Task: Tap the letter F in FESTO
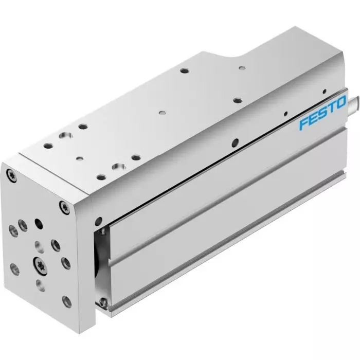coord(304,124)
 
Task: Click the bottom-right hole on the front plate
coord(65,300)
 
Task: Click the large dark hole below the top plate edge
coord(235,142)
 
